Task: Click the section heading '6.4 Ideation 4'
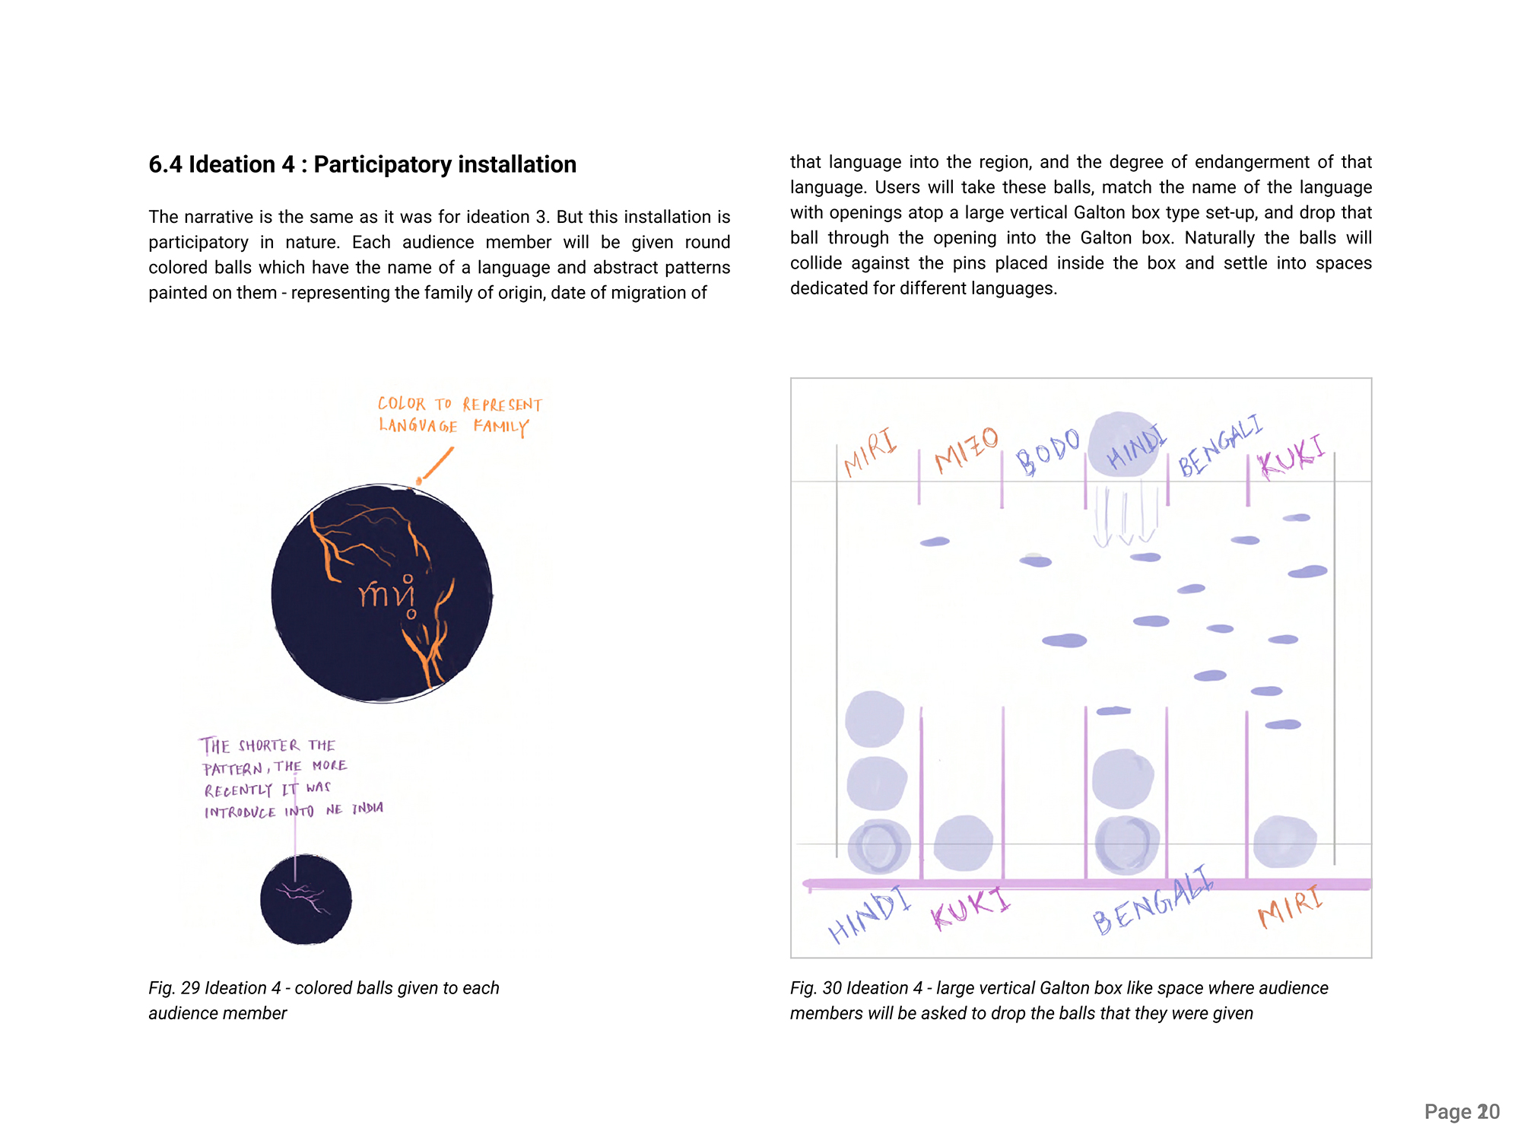point(362,164)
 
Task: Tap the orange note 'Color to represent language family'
point(459,415)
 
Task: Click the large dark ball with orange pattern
point(382,593)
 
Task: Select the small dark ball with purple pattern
point(306,899)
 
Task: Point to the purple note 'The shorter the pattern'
point(293,777)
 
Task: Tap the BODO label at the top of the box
point(1048,450)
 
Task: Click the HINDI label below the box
point(869,915)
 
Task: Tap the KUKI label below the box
point(970,908)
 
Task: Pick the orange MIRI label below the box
point(1291,906)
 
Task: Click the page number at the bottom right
point(1461,1111)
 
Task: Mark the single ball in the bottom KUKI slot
point(963,843)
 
